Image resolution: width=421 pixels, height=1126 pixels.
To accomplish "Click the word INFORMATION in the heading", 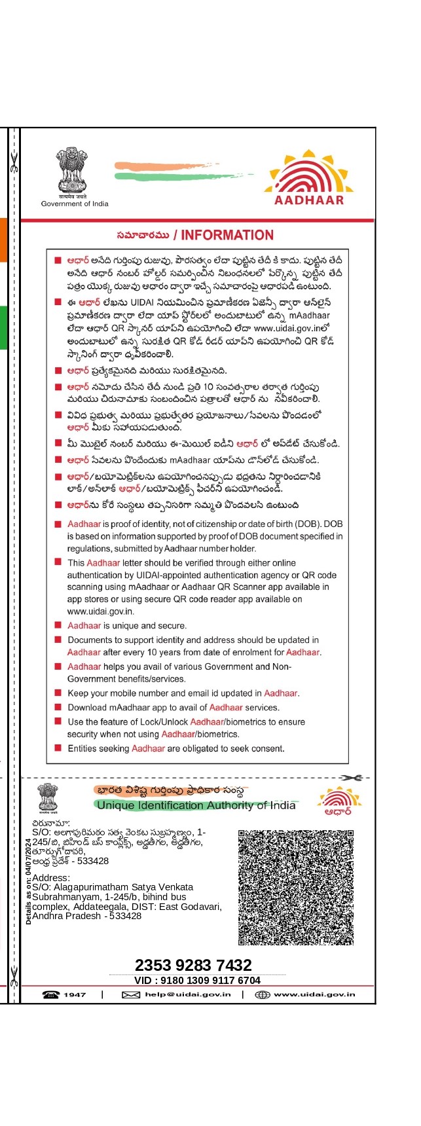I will pos(227,235).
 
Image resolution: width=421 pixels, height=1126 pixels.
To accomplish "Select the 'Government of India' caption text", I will pos(75,204).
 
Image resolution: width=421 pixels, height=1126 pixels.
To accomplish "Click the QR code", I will pos(296,887).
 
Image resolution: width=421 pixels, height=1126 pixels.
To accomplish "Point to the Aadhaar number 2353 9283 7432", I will pos(193,965).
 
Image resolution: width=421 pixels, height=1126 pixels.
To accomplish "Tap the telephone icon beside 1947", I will pos(50,994).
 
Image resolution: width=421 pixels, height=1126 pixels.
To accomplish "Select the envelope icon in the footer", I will pos(131,994).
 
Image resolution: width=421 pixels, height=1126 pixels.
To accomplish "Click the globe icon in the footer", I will pos(262,994).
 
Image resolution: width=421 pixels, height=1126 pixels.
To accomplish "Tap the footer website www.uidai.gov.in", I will pos(314,994).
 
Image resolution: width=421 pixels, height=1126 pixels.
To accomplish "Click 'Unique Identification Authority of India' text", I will pos(196,805).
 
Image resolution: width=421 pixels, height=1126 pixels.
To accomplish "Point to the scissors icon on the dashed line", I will pos(351,778).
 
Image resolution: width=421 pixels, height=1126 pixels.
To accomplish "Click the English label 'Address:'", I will pos(50,878).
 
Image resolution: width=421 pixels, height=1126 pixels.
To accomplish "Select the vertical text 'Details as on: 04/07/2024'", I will pos(28,881).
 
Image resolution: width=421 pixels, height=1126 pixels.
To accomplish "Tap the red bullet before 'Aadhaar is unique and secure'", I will pos(58,625).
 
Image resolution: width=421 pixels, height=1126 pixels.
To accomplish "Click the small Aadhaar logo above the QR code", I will pos(339,800).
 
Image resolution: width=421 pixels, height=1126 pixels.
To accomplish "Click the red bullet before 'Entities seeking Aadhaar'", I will pos(58,748).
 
